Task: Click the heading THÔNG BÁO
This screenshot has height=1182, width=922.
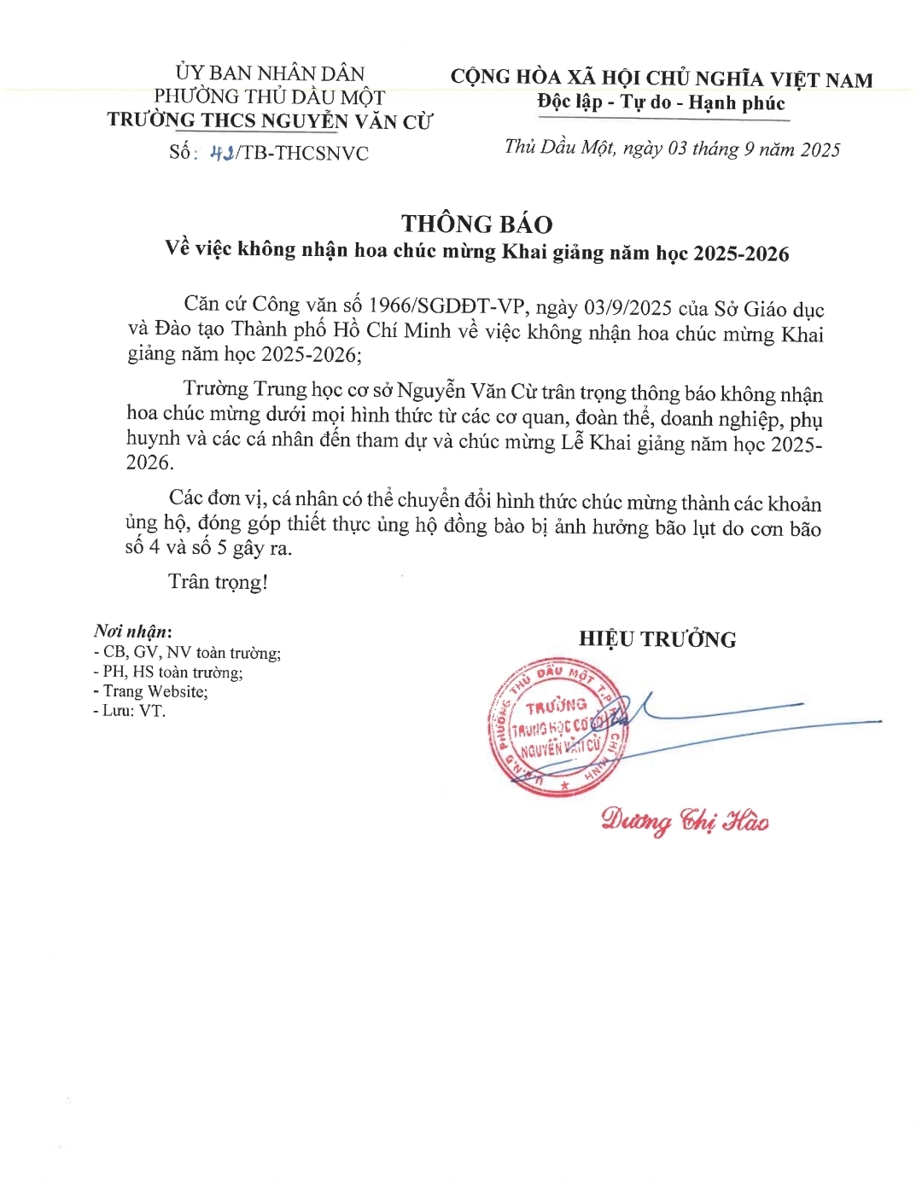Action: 476,224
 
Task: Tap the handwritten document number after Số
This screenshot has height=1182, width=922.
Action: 223,153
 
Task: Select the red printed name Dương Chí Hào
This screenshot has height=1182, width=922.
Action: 685,820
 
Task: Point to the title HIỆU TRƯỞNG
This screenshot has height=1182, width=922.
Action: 657,639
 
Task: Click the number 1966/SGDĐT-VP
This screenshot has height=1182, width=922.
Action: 450,306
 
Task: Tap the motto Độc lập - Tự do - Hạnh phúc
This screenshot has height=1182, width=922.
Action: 661,103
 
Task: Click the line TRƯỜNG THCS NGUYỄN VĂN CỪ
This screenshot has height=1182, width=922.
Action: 270,121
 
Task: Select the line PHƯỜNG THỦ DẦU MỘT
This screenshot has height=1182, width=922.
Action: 270,97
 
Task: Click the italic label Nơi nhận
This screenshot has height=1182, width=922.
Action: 132,632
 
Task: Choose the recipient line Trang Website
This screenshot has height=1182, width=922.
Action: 154,691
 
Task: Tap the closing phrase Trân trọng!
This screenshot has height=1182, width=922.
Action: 218,582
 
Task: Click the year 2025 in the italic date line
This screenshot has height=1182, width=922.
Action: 820,150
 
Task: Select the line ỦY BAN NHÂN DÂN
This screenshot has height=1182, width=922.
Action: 270,73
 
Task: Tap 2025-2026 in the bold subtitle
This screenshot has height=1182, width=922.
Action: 741,253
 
